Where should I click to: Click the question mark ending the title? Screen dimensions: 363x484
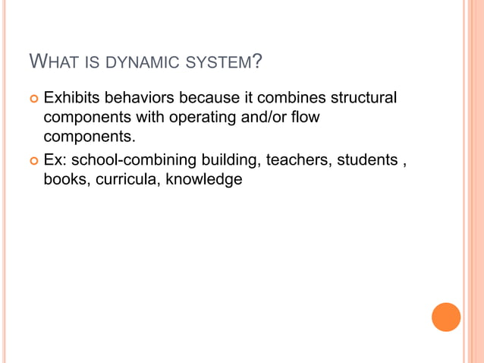[x=259, y=60]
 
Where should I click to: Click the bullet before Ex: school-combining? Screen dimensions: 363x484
[x=33, y=161]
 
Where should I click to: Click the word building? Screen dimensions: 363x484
[x=231, y=160]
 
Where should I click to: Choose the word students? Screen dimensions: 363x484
[x=369, y=160]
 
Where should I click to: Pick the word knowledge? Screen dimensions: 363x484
[x=204, y=181]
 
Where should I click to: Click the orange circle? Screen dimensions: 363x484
[x=446, y=317]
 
